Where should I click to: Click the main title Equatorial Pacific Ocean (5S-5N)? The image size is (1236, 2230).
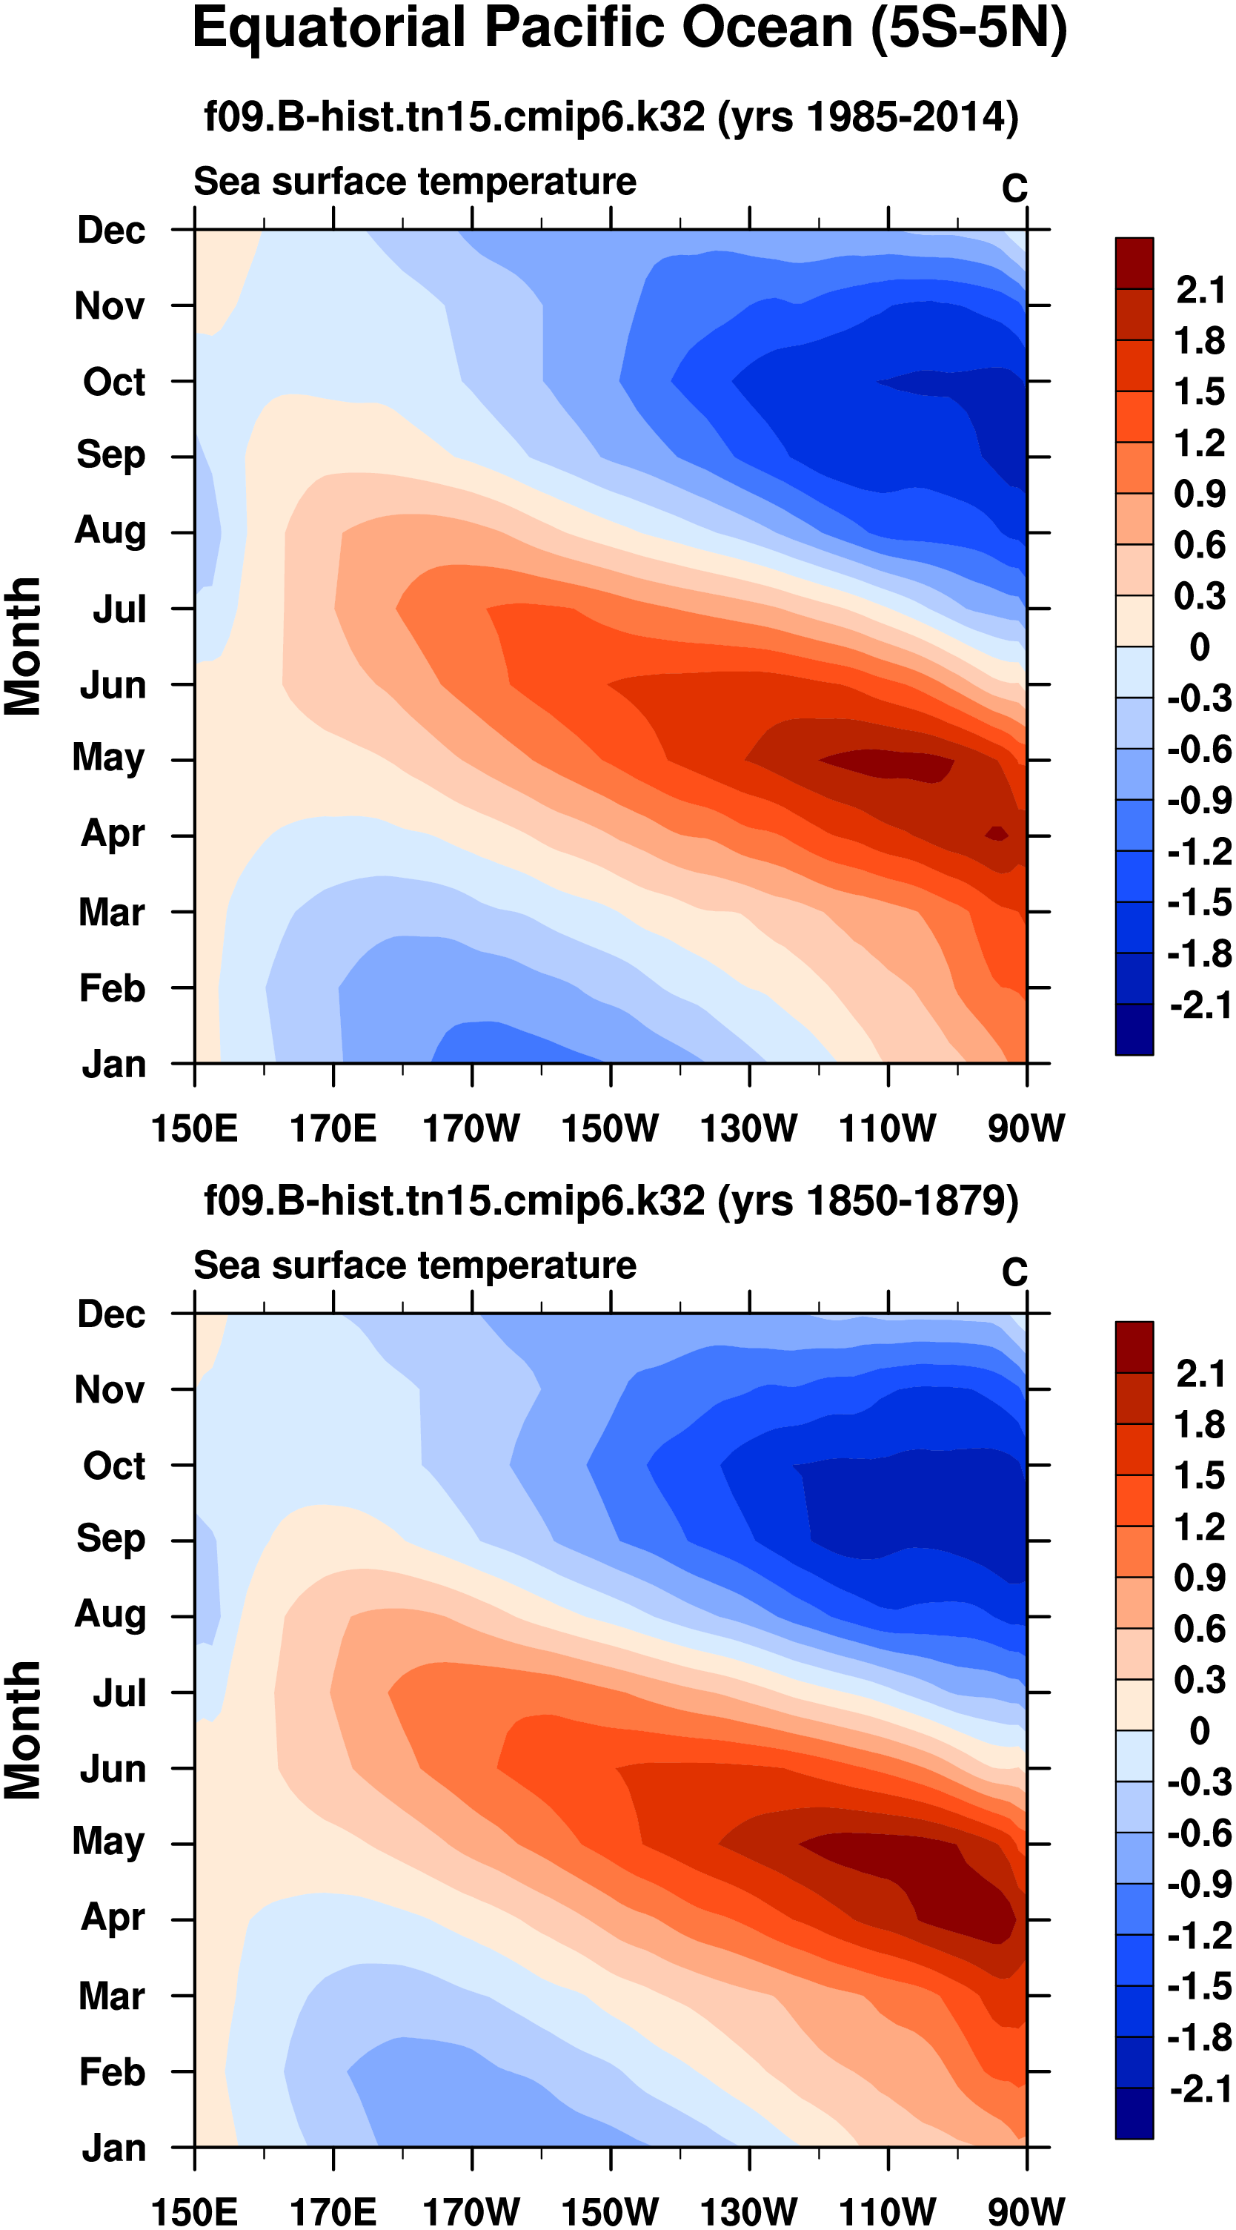pos(629,30)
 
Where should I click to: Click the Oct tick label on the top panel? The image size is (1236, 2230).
pos(113,382)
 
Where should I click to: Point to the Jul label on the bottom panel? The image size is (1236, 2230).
pos(119,1693)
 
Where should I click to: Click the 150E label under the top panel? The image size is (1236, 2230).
pos(194,1129)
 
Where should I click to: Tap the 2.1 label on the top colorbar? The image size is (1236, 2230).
pos(1200,290)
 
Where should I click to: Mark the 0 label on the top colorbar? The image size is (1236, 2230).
pos(1200,646)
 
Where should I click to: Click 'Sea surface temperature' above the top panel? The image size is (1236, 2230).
pos(415,182)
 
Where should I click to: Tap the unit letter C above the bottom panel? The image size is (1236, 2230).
pos(1014,1271)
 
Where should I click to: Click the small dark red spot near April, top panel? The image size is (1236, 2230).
pos(997,833)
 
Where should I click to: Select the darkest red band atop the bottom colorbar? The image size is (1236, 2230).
pos(1134,1348)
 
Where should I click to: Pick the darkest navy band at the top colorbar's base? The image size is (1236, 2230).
pos(1134,1029)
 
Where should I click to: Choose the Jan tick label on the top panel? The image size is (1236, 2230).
pos(113,1064)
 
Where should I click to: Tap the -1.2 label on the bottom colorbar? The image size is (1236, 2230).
pos(1200,1936)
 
